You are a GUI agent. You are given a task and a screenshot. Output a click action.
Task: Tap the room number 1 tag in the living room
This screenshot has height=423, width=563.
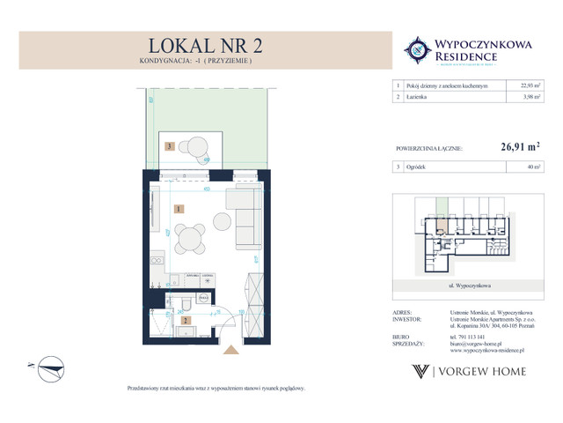coord(179,209)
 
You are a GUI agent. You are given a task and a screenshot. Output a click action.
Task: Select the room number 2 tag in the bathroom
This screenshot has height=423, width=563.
coord(186,322)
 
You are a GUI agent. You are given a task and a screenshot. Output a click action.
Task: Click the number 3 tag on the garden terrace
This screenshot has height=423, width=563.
coord(168,146)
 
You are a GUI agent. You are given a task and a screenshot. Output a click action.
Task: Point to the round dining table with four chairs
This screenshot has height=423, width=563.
coord(190,237)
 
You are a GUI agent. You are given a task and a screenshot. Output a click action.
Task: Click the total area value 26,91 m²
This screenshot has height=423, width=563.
coord(513,150)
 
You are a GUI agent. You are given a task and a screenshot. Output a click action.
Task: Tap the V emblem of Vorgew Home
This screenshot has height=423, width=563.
coord(421,372)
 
